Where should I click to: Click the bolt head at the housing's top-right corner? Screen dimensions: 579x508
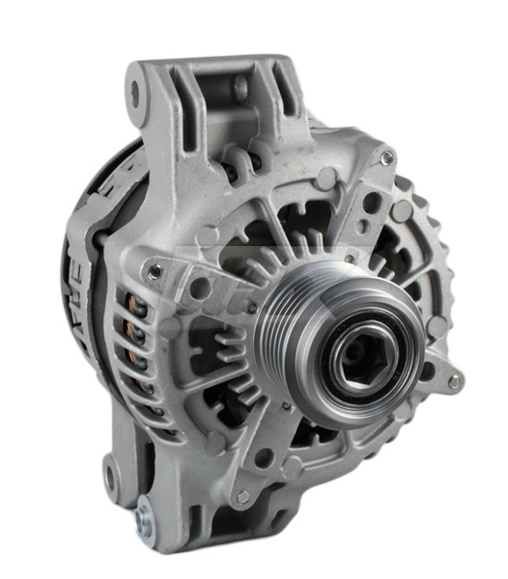click(x=386, y=158)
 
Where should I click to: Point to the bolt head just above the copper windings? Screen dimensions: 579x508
click(x=154, y=272)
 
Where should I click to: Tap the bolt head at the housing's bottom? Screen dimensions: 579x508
click(x=242, y=496)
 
